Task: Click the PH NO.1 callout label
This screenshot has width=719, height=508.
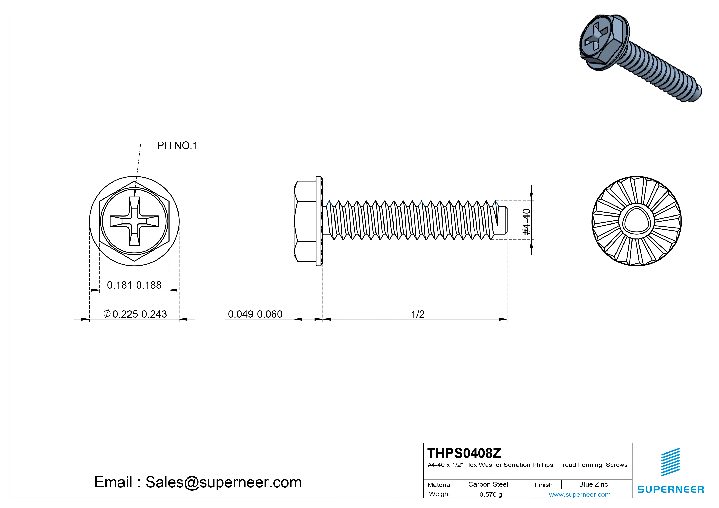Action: click(x=177, y=146)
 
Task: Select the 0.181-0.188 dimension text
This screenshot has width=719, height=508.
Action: click(x=134, y=285)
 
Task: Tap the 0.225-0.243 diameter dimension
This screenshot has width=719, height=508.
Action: click(x=139, y=314)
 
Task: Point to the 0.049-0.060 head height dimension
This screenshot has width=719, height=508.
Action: click(x=255, y=314)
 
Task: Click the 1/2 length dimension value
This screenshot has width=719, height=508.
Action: click(x=418, y=314)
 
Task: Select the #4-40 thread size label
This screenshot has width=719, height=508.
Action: click(x=527, y=222)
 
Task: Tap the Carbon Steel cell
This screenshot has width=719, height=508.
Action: click(x=488, y=484)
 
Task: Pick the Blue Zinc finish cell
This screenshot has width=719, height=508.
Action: click(x=593, y=484)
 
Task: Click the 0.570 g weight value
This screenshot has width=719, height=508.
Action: click(x=491, y=494)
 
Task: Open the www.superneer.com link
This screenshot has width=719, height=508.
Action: click(x=580, y=494)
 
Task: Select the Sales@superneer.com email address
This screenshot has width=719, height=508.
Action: click(x=223, y=482)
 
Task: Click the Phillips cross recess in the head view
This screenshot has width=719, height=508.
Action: click(x=134, y=221)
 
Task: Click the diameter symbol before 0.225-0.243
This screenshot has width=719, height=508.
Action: click(x=107, y=314)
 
